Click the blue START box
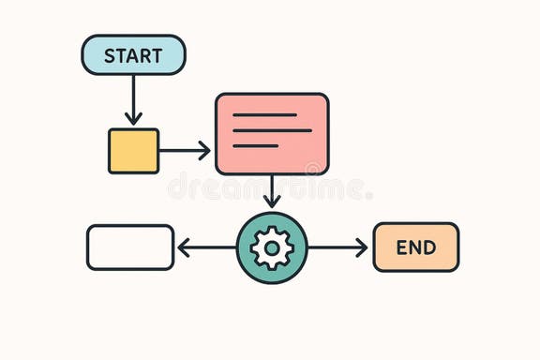point(133,54)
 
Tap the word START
point(133,55)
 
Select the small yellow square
point(133,151)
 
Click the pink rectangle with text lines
point(272,134)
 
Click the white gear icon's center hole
point(272,247)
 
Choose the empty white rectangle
point(130,247)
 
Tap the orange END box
point(416,247)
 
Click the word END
point(416,247)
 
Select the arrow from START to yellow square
point(133,97)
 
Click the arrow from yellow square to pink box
point(185,150)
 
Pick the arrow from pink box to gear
point(272,190)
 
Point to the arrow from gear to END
point(337,247)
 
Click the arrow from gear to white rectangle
point(206,247)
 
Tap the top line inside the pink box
point(264,114)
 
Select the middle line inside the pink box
point(272,130)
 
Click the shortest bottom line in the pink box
point(256,145)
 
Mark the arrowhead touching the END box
point(362,247)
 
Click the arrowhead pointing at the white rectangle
point(184,247)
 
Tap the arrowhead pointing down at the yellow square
point(133,119)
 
